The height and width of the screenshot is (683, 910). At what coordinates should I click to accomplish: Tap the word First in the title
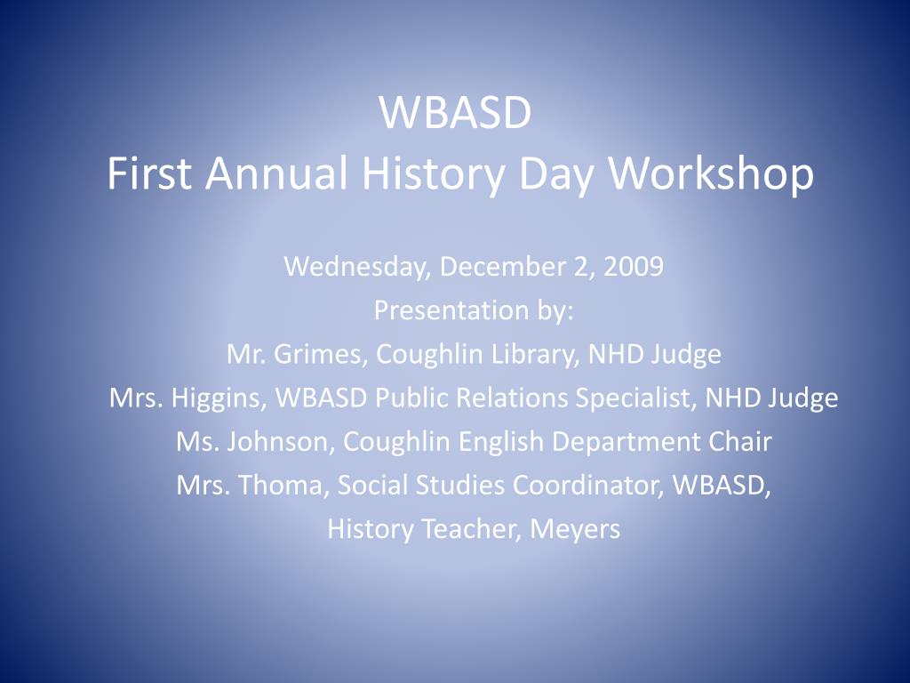[149, 173]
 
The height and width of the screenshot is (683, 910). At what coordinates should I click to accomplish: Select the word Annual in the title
[276, 173]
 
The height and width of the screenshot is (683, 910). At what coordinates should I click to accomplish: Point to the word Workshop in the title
[711, 173]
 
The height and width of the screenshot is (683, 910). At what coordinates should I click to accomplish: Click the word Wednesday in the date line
[357, 267]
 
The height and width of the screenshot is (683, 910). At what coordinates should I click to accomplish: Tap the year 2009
[633, 266]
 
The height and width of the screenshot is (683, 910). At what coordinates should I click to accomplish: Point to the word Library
[535, 354]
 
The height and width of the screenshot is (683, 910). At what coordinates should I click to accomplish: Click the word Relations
[512, 398]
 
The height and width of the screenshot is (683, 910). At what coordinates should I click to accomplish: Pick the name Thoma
[280, 486]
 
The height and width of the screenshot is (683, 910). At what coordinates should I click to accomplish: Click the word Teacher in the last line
[471, 529]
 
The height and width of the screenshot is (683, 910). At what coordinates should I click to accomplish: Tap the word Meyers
[575, 530]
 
